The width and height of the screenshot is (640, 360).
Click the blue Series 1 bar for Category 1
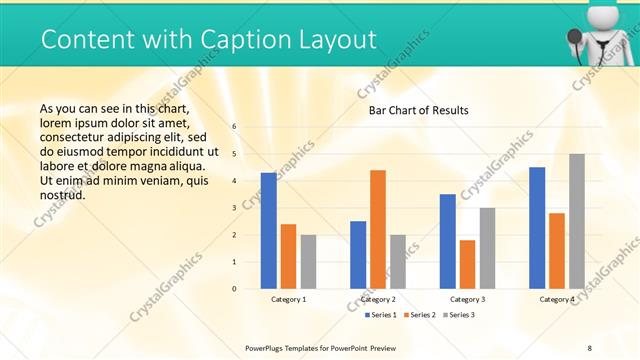(x=268, y=231)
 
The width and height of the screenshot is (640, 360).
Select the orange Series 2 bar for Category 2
(x=377, y=229)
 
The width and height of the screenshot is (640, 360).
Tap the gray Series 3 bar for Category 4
(x=576, y=221)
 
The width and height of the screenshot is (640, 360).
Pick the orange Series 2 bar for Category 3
(x=467, y=264)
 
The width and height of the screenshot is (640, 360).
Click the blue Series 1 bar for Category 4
(x=537, y=228)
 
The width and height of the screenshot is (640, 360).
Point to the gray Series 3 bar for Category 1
(x=308, y=262)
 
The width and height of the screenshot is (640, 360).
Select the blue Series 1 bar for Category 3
(x=447, y=241)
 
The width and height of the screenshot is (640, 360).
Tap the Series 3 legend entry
(x=461, y=315)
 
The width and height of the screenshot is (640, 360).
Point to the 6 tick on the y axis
(x=234, y=127)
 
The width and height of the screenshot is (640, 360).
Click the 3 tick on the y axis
(x=234, y=208)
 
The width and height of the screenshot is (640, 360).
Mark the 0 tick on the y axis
(x=234, y=289)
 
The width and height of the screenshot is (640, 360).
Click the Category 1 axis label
(x=289, y=299)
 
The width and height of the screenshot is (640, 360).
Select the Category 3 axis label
(x=467, y=299)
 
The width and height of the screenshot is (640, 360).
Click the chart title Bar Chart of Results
(x=418, y=110)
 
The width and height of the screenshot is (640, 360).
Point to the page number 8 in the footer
(x=589, y=348)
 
